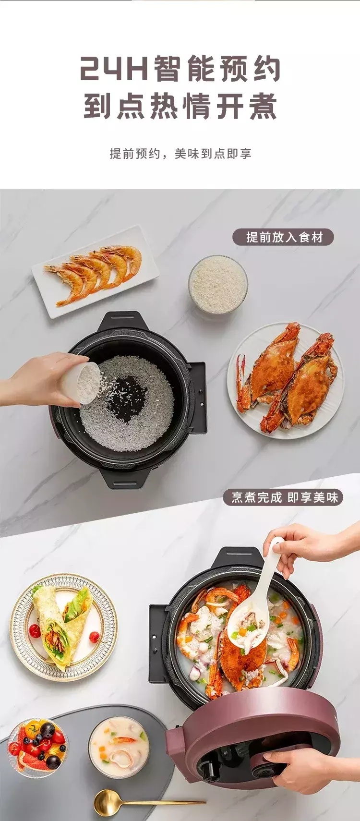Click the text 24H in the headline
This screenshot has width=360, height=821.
[x=115, y=68]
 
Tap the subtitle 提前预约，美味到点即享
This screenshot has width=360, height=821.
[x=180, y=154]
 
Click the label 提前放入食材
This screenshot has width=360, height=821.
[x=284, y=237]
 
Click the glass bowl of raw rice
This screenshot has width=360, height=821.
[x=218, y=285]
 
